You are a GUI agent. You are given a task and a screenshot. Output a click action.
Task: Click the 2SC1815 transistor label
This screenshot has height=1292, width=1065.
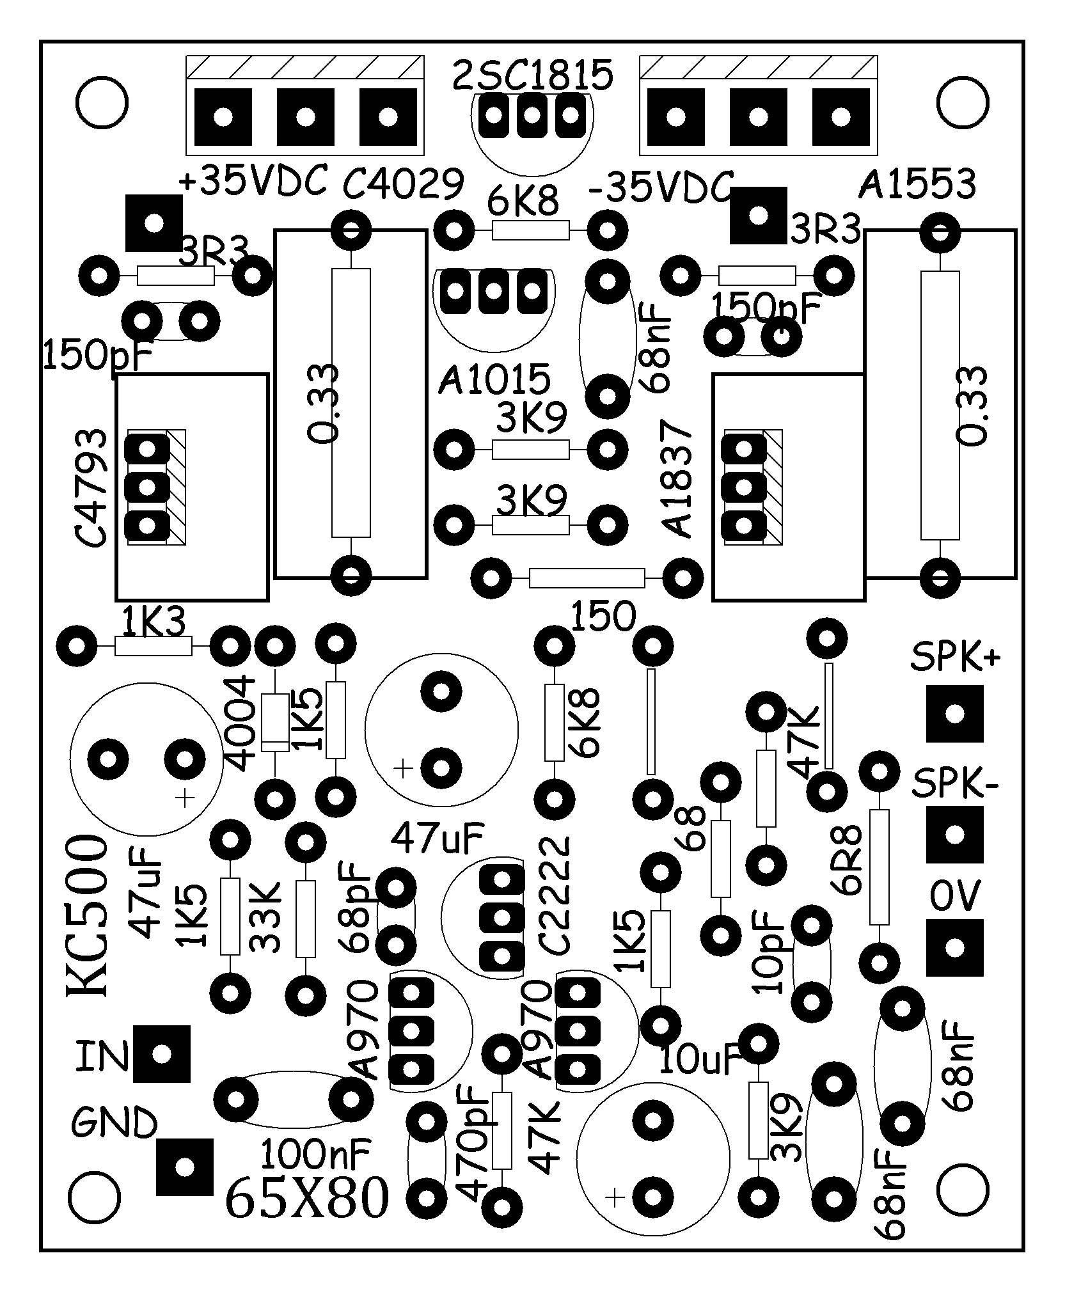533,75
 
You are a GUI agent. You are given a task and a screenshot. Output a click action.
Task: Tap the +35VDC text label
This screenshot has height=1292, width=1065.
255,183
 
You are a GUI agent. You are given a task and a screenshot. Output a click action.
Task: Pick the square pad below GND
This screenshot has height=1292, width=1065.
184,1167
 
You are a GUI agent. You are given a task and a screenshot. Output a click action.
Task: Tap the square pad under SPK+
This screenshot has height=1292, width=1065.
954,713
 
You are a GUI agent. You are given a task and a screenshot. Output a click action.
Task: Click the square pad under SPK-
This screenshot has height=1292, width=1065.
954,834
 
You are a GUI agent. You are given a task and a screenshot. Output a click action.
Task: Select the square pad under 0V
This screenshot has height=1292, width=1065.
954,948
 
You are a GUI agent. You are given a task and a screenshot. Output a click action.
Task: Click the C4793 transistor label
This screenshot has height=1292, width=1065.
89,488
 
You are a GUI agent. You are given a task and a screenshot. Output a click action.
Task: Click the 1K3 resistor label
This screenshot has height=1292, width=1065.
154,621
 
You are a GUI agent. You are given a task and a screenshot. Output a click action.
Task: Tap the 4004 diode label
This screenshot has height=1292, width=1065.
242,725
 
